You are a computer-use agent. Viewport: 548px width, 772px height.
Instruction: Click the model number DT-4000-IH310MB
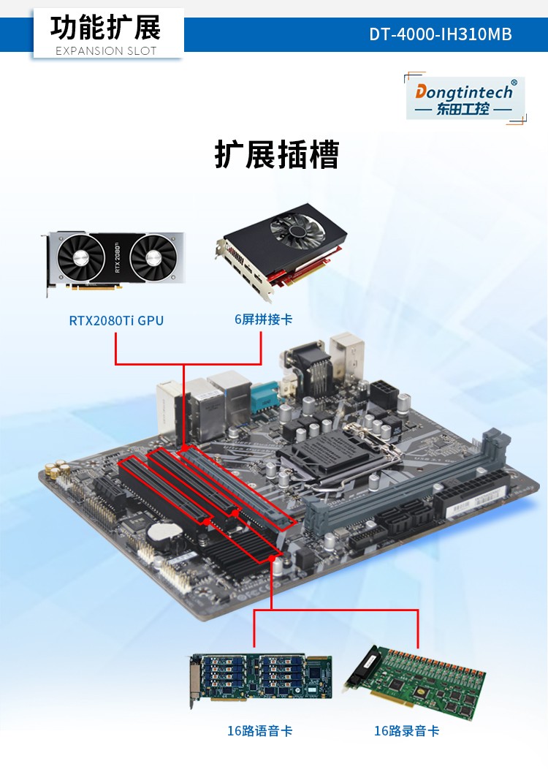tap(441, 34)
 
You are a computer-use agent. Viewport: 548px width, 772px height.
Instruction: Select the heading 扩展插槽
tap(277, 154)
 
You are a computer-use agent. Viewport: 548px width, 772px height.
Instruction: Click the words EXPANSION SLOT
tap(106, 50)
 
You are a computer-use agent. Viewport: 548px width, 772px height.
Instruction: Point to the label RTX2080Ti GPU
tap(116, 320)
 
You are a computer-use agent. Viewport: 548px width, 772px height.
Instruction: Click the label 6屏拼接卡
tap(263, 319)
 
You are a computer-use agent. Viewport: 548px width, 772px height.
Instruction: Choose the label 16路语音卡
tap(259, 730)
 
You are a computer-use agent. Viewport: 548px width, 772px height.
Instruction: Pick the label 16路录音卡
tap(406, 730)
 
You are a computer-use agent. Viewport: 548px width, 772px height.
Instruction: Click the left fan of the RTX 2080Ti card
tap(80, 257)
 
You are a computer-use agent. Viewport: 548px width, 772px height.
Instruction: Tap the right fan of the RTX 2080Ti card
tap(153, 257)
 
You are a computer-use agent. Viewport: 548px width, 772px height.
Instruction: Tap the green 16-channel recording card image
tap(416, 682)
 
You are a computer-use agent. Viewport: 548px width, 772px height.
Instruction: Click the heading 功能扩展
tap(106, 28)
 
